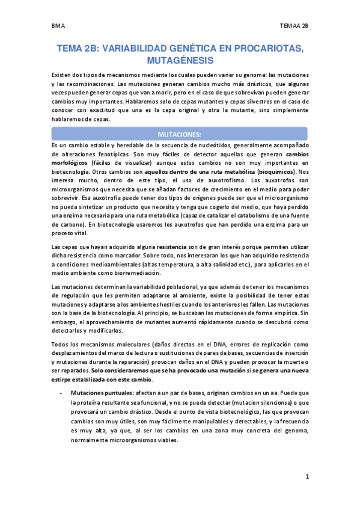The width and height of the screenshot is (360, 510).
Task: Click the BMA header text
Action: click(x=58, y=26)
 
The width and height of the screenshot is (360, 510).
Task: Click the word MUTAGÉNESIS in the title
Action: click(x=180, y=60)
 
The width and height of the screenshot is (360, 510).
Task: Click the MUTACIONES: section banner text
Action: click(x=180, y=134)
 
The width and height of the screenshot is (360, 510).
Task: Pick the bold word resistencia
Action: click(x=174, y=247)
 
